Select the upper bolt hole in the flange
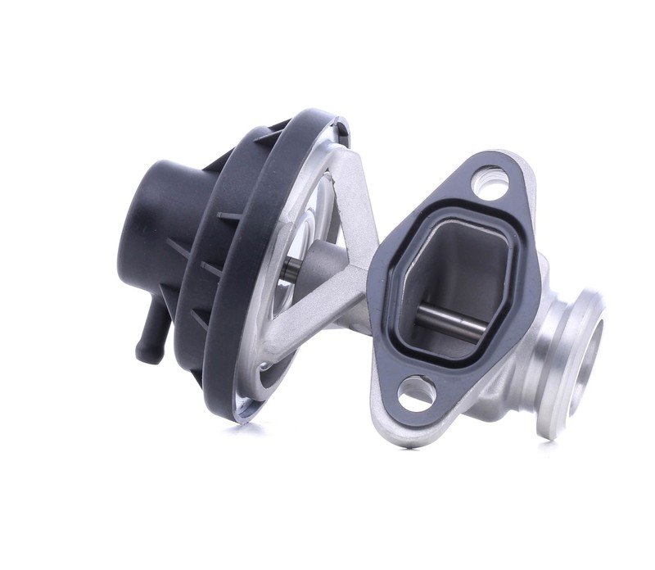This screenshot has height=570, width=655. [490, 181]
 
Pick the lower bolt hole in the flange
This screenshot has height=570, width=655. [417, 393]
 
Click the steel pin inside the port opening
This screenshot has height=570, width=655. [450, 324]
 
